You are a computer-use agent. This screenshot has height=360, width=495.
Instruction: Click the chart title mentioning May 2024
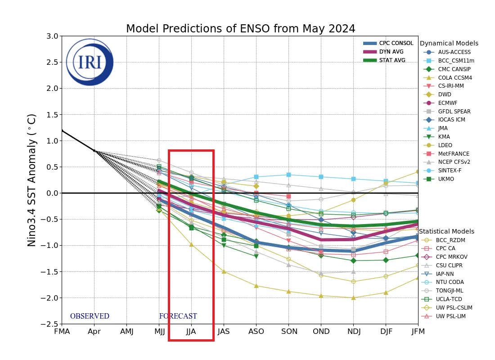[240, 29]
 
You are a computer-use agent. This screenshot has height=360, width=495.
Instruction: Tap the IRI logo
[90, 62]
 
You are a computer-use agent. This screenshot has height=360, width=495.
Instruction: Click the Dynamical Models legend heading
[449, 44]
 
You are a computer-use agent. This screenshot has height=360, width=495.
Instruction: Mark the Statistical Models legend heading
[446, 231]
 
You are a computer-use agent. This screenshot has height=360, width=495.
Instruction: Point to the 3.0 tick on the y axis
[52, 36]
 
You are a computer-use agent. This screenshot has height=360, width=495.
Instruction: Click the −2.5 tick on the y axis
[50, 324]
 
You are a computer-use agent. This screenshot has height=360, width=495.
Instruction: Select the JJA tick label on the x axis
[191, 332]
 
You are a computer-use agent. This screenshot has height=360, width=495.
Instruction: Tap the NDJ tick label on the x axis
[353, 332]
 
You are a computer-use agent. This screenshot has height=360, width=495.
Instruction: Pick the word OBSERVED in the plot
[90, 316]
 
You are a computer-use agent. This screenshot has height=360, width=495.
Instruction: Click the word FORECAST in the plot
[178, 316]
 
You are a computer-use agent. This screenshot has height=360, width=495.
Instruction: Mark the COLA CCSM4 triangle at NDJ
[353, 297]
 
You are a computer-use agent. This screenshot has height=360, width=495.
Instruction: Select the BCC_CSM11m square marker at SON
[288, 175]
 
